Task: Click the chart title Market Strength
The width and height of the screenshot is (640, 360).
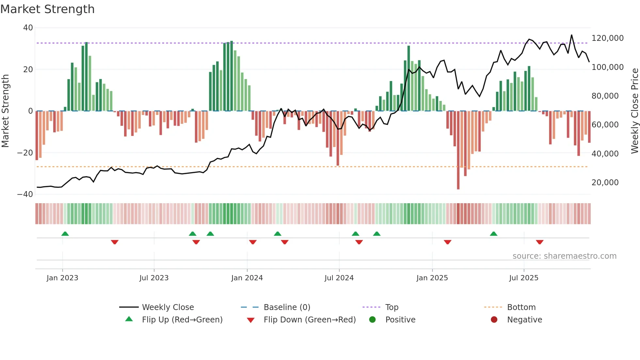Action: [x=47, y=9]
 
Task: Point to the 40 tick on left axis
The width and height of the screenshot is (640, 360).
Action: [x=28, y=28]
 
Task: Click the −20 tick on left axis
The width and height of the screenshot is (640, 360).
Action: [x=25, y=153]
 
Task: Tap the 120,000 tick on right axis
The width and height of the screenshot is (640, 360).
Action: [x=607, y=38]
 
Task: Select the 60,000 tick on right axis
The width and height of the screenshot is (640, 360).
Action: [x=605, y=125]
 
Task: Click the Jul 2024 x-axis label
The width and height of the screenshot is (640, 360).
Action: [x=339, y=278]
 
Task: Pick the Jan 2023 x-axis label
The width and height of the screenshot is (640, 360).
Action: [x=62, y=278]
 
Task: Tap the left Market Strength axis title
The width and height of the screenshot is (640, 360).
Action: [x=5, y=111]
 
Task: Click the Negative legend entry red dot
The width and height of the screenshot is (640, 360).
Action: [x=494, y=319]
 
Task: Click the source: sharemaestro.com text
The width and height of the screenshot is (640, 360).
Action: [x=564, y=256]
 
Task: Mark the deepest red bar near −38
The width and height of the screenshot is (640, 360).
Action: [x=458, y=150]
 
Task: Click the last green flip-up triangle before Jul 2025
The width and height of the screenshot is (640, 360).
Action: [x=493, y=234]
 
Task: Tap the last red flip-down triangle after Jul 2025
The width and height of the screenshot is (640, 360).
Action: [x=539, y=242]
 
